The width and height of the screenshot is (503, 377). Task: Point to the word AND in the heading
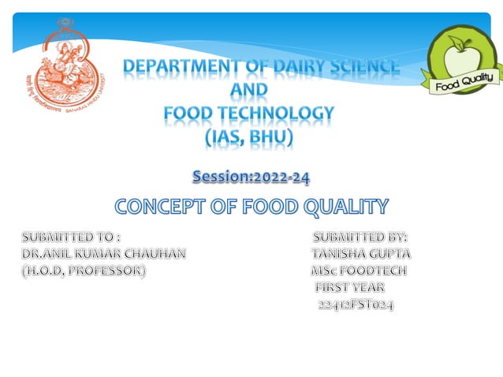[x=249, y=91]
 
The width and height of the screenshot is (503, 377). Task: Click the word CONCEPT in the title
[x=162, y=207]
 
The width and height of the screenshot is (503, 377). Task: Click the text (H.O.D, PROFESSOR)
[x=83, y=271]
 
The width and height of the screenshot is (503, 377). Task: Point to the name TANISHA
[x=338, y=254]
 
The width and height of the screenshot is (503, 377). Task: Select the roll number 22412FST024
[x=356, y=304]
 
